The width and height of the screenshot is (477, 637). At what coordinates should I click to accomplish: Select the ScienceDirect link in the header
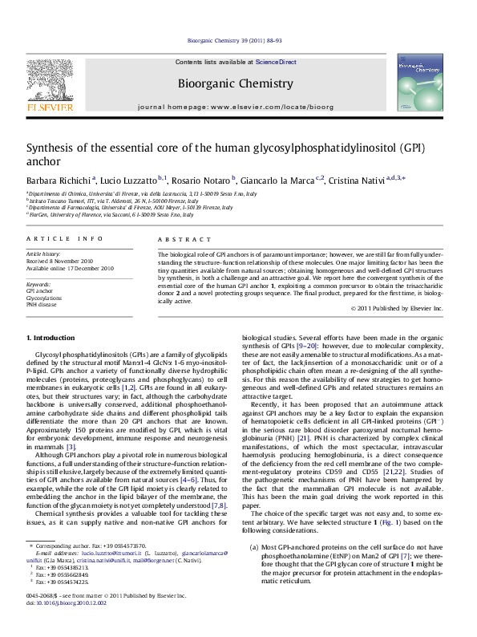[x=275, y=62]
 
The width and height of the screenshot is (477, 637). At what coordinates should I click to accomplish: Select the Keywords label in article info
[x=39, y=284]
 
